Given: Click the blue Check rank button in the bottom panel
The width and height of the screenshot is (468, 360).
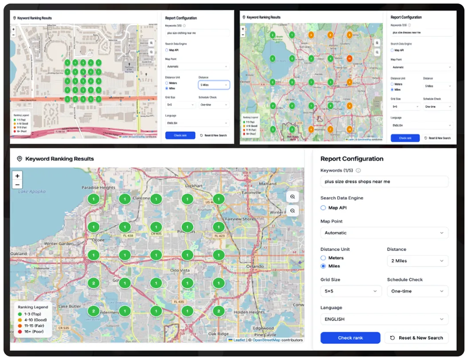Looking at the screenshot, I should pyautogui.click(x=350, y=338).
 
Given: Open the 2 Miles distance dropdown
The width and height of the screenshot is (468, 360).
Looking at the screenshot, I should pyautogui.click(x=417, y=261).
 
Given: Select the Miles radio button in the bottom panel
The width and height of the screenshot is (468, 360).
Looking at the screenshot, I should pyautogui.click(x=324, y=266).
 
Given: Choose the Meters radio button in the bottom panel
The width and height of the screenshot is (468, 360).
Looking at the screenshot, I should pyautogui.click(x=324, y=258).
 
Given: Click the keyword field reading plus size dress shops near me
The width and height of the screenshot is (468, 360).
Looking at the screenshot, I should pyautogui.click(x=384, y=182).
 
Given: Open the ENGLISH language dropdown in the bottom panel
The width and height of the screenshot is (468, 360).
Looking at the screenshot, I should pyautogui.click(x=384, y=319).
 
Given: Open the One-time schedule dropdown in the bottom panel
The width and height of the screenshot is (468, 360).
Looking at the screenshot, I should pyautogui.click(x=417, y=291).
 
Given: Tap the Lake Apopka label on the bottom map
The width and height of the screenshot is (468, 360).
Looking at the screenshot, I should pyautogui.click(x=32, y=192).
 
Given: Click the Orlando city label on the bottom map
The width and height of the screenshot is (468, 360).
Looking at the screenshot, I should pyautogui.click(x=255, y=267).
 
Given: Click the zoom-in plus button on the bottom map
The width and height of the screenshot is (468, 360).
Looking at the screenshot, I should pyautogui.click(x=17, y=176).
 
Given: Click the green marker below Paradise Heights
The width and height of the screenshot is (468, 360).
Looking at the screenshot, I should pyautogui.click(x=93, y=199).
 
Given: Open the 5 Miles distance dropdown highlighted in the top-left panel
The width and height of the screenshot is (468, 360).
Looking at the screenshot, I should pyautogui.click(x=214, y=85).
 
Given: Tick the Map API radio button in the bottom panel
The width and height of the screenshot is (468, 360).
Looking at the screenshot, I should pyautogui.click(x=324, y=208).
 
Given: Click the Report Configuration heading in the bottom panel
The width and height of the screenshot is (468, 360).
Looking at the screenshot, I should pyautogui.click(x=352, y=159).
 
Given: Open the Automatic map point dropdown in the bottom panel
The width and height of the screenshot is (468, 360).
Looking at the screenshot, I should pyautogui.click(x=384, y=233).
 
